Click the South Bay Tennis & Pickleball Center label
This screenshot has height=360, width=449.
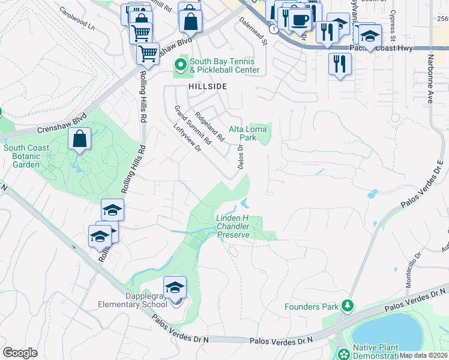(x=224, y=65)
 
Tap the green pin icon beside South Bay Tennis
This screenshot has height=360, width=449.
(x=179, y=64)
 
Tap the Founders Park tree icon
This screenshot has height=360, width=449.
(x=347, y=307)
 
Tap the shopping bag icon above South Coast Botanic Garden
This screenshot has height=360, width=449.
(x=79, y=139)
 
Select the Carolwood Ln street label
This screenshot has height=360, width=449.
(x=77, y=19)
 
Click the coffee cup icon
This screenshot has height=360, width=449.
(x=300, y=19)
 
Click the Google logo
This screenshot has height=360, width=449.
(x=20, y=353)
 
